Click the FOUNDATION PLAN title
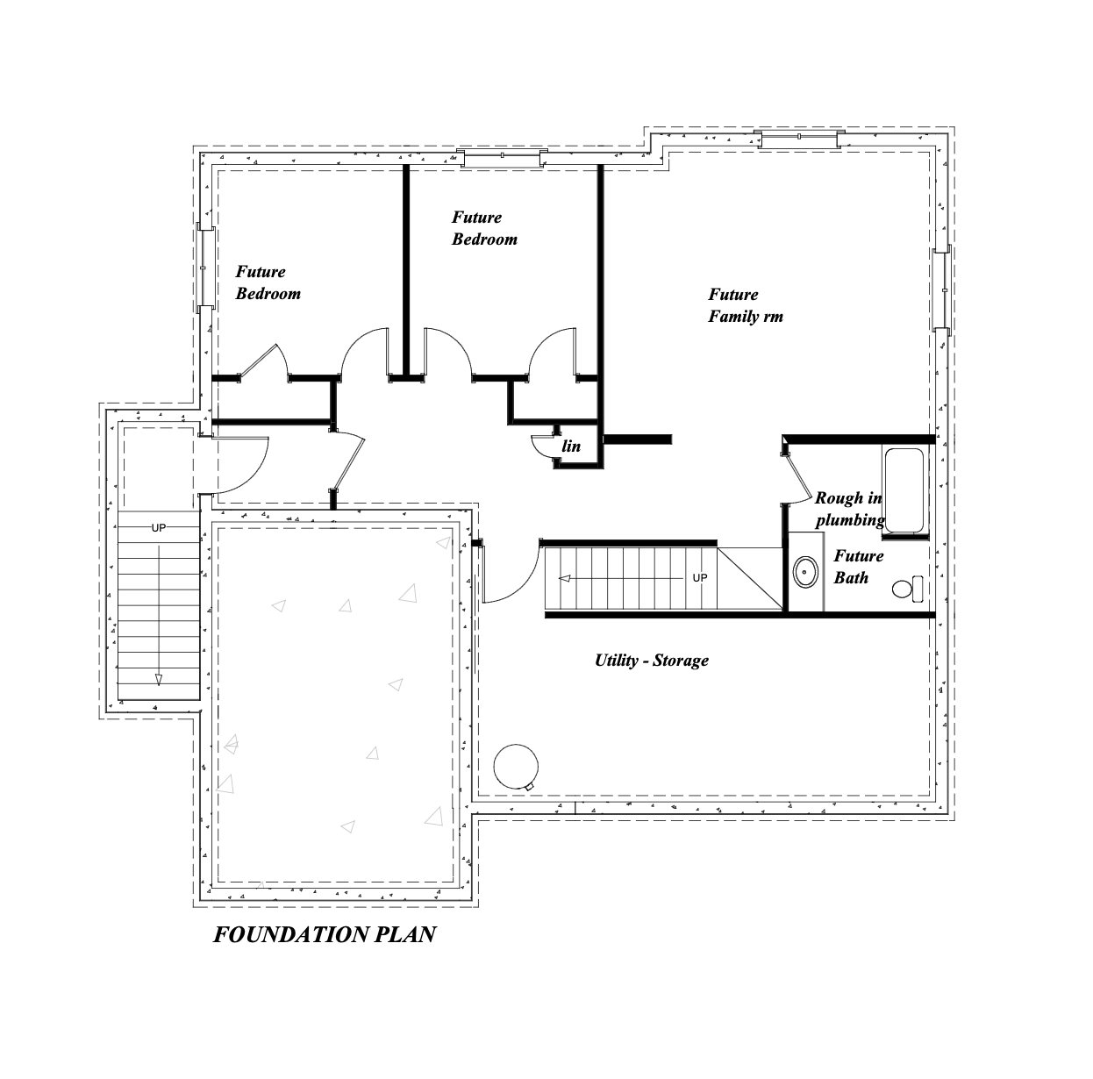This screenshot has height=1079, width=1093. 325,935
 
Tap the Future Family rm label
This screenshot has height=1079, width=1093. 746,305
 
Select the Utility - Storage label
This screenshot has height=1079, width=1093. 652,661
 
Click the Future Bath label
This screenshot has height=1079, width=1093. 858,567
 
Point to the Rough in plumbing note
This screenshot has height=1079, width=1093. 849,510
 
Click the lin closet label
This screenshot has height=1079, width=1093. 571,446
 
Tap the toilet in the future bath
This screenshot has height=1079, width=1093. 908,589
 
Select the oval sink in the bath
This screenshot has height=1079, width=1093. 805,572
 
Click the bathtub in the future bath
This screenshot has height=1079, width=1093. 904,490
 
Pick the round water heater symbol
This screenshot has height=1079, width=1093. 516,767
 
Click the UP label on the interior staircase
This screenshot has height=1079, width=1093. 700,577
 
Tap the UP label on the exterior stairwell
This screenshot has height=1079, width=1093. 159,527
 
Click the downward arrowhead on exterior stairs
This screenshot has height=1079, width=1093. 159,680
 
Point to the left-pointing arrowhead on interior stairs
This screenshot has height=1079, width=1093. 564,579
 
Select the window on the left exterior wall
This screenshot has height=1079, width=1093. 205,268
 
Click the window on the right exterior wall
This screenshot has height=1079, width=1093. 942,289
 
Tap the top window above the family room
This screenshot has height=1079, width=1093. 798,138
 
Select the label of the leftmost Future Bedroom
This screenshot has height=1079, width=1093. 268,282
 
